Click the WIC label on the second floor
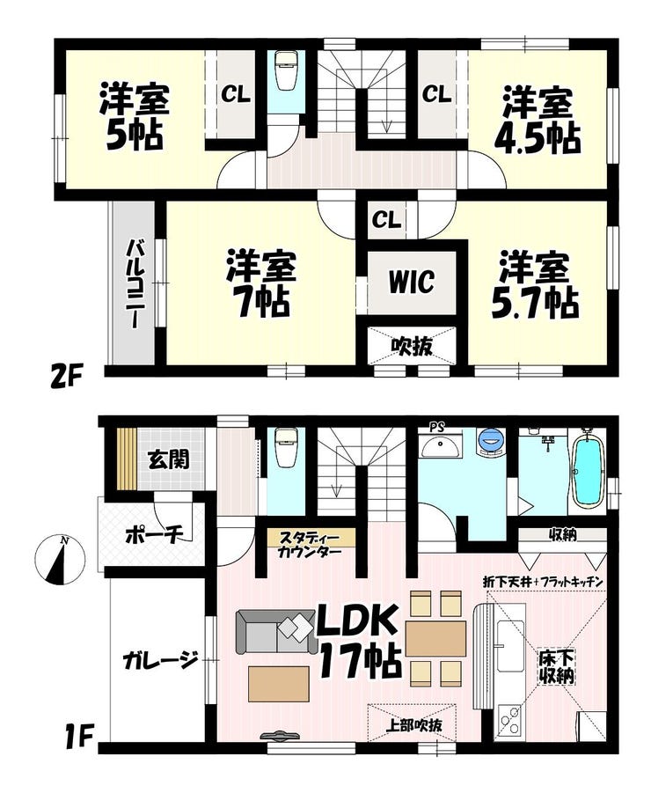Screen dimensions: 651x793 pyautogui.click(x=412, y=282)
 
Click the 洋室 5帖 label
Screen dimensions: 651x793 pyautogui.click(x=135, y=116)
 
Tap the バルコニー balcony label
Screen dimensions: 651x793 pyautogui.click(x=134, y=284)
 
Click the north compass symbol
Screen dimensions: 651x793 pyautogui.click(x=60, y=561)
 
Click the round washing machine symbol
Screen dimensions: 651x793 pyautogui.click(x=490, y=440)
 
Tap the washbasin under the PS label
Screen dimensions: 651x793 pyautogui.click(x=440, y=446)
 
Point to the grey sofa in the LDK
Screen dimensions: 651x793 pyautogui.click(x=272, y=632)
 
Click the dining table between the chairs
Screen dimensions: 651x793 pyautogui.click(x=435, y=639)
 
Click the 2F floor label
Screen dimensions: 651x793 pyautogui.click(x=66, y=378)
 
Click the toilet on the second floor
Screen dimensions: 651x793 pyautogui.click(x=286, y=70)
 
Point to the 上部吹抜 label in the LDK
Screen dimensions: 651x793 pyautogui.click(x=413, y=725)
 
